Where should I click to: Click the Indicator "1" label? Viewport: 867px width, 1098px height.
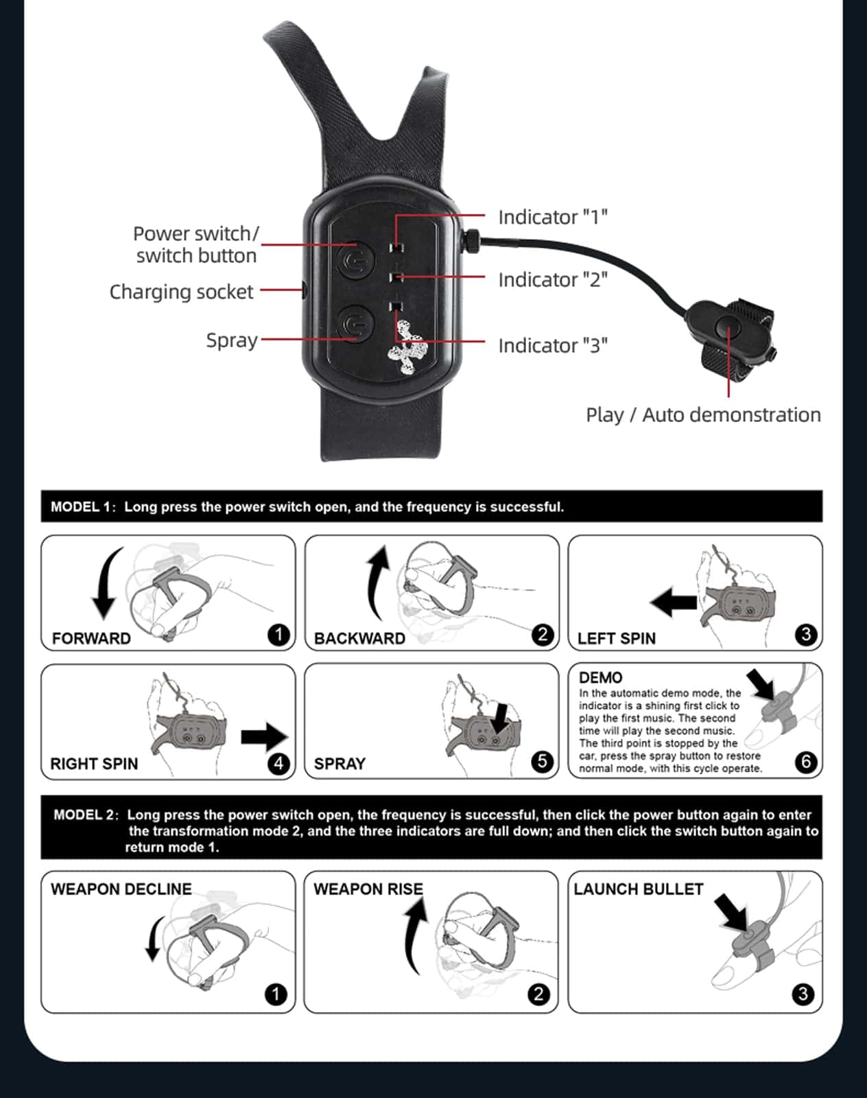pyautogui.click(x=553, y=218)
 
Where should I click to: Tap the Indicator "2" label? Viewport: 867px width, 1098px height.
pyautogui.click(x=553, y=280)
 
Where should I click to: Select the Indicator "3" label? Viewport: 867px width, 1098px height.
pyautogui.click(x=553, y=346)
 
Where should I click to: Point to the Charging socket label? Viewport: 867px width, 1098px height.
pyautogui.click(x=181, y=292)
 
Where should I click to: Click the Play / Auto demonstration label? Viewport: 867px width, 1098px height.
pyautogui.click(x=703, y=415)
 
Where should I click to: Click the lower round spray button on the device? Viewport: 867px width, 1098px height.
pyautogui.click(x=355, y=323)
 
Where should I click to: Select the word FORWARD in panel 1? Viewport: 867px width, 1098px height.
pyautogui.click(x=91, y=638)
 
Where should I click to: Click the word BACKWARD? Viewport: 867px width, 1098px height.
pyautogui.click(x=359, y=638)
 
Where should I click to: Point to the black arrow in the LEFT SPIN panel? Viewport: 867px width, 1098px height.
pyautogui.click(x=673, y=603)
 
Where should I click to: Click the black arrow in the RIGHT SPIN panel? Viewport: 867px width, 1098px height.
pyautogui.click(x=265, y=737)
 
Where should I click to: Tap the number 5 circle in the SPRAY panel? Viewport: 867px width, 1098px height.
pyautogui.click(x=542, y=762)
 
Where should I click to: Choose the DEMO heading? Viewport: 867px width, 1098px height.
pyautogui.click(x=601, y=677)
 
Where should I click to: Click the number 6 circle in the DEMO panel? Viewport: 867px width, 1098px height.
pyautogui.click(x=806, y=762)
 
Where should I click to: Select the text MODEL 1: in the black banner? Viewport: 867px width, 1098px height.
pyautogui.click(x=83, y=506)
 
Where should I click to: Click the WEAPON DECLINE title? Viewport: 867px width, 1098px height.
pyautogui.click(x=121, y=889)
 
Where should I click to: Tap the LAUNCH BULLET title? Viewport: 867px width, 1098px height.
pyautogui.click(x=639, y=889)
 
